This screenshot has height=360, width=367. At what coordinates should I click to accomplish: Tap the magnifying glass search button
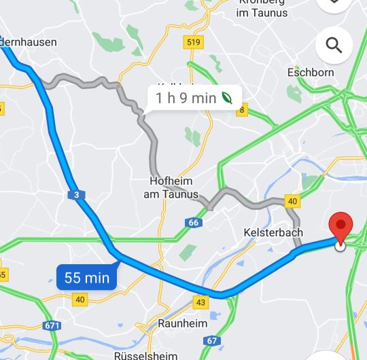point(334,46)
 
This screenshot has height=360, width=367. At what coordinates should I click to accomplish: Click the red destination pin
point(340,227)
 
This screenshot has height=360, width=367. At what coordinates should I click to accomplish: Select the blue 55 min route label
point(87,277)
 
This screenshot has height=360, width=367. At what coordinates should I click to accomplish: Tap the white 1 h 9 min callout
point(194,98)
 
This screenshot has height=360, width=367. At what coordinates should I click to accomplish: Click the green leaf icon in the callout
point(228,98)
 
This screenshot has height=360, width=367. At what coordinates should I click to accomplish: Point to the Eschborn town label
point(311,72)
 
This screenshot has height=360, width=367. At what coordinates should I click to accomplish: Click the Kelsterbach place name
point(272,232)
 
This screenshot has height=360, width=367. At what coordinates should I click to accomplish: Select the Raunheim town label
point(182,323)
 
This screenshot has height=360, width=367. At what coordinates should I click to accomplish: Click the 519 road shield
point(193,43)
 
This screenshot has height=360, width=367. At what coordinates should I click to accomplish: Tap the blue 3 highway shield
point(77,196)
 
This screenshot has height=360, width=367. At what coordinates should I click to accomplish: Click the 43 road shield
point(200,302)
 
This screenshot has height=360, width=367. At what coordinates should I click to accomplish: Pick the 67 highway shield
point(212,340)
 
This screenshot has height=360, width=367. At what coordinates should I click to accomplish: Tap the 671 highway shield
point(50,326)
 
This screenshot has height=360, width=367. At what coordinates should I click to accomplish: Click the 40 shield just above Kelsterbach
point(292,201)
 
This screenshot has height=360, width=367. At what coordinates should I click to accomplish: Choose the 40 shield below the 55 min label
point(80,299)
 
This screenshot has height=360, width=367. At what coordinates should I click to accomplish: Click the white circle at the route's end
point(340,246)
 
